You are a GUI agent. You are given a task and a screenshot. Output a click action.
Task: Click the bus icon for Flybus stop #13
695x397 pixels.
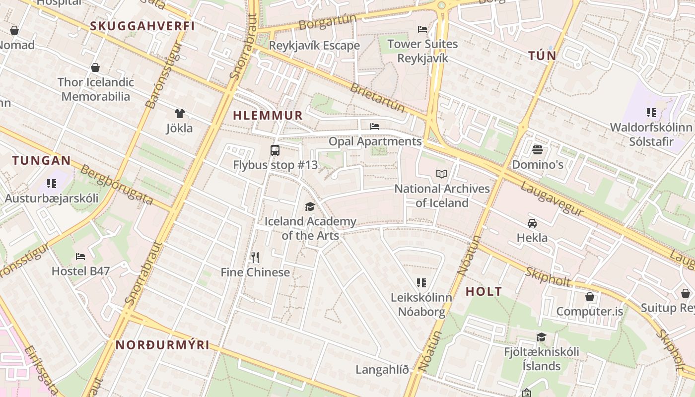[x=275, y=150]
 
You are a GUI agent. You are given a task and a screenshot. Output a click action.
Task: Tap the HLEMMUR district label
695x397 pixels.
[x=268, y=116]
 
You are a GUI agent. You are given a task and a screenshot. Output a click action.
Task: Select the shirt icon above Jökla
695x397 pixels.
[x=179, y=114]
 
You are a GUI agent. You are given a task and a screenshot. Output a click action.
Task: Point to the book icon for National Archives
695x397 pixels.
[x=442, y=174]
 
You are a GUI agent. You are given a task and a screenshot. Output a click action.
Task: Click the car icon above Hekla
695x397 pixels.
[x=532, y=223]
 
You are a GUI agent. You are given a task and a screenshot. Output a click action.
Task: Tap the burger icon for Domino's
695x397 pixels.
[x=537, y=149]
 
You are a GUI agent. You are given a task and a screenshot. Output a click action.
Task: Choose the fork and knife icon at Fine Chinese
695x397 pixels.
[x=255, y=257]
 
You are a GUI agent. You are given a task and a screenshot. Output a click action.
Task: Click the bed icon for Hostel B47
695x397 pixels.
[x=80, y=256]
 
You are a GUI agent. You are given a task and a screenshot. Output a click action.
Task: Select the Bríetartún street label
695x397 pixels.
[x=377, y=98]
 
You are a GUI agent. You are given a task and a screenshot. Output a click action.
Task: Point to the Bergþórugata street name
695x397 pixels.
[x=117, y=185]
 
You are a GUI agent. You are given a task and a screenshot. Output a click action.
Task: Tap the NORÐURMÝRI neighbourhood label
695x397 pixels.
[x=162, y=345]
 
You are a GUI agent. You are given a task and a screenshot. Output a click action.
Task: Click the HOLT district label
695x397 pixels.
[x=484, y=292]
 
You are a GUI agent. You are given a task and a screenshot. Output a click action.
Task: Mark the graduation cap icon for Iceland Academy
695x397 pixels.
[x=310, y=206]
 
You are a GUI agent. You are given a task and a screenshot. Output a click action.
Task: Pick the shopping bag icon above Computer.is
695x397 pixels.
[x=589, y=297]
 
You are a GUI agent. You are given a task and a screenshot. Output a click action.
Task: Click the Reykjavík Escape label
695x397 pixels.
[x=314, y=46]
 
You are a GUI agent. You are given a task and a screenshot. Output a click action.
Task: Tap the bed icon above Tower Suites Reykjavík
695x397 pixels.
[x=422, y=29]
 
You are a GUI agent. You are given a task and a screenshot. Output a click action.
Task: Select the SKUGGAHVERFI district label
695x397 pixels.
[x=142, y=26]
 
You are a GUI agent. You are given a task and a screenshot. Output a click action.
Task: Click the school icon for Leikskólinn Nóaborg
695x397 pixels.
[x=421, y=283]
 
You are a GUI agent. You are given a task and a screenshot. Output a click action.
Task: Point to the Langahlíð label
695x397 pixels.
[x=382, y=370]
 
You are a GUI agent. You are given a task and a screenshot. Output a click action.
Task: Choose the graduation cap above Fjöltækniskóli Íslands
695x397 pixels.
[x=541, y=337]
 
